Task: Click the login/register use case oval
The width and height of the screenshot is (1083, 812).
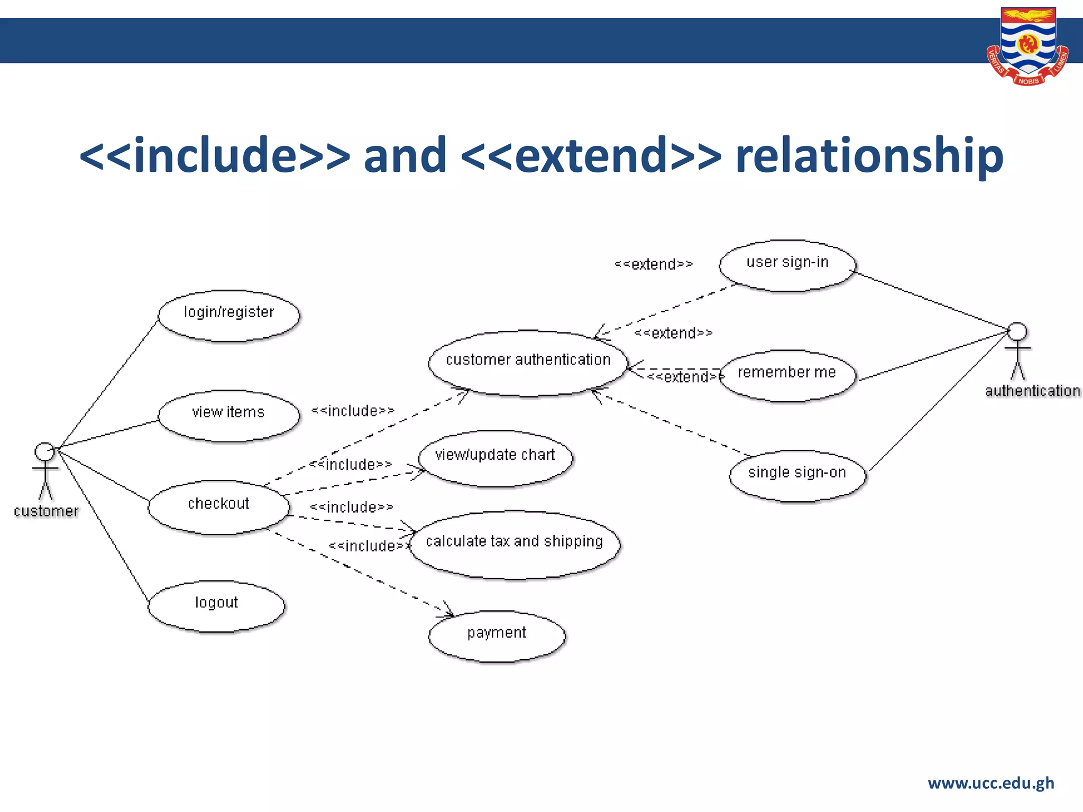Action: tap(229, 316)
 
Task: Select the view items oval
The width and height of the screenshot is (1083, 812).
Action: tap(229, 416)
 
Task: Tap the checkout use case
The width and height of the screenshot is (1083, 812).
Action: tap(219, 507)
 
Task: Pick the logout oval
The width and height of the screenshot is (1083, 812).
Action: tap(216, 606)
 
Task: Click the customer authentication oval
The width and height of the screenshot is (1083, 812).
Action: tap(528, 363)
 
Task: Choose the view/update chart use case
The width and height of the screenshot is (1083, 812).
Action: tap(495, 458)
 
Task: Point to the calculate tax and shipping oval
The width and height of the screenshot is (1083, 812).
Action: tap(515, 545)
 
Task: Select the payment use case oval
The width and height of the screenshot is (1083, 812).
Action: tap(497, 636)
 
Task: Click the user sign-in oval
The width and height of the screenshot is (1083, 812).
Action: tap(787, 265)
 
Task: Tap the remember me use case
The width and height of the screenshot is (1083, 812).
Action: tap(787, 375)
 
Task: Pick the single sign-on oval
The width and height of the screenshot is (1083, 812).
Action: tap(797, 475)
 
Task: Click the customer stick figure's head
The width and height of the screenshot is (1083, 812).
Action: tap(44, 452)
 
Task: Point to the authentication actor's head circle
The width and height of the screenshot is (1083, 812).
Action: tap(1017, 332)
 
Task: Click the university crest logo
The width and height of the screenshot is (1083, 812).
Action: tap(1027, 47)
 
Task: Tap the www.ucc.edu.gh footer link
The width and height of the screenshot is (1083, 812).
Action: tap(991, 783)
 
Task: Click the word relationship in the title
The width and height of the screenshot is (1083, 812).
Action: tap(869, 155)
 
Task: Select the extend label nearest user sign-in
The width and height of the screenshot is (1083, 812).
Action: tap(654, 264)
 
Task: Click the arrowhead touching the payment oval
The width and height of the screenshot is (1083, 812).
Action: tap(448, 612)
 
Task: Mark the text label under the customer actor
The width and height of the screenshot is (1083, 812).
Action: tap(46, 511)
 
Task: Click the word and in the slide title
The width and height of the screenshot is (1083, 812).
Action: tap(405, 155)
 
